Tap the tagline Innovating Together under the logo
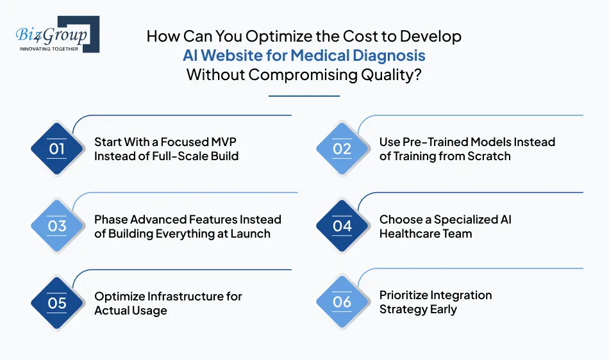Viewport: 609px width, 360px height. pyautogui.click(x=49, y=49)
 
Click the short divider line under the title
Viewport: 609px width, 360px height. pyautogui.click(x=304, y=96)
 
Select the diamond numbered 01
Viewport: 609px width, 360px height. pyautogui.click(x=57, y=149)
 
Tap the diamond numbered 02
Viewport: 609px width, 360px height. pyautogui.click(x=342, y=149)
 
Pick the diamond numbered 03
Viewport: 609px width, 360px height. pyautogui.click(x=57, y=226)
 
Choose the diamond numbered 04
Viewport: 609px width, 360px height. pyautogui.click(x=342, y=226)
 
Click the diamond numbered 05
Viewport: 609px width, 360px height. pyautogui.click(x=57, y=303)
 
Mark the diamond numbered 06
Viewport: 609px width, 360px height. pyautogui.click(x=342, y=302)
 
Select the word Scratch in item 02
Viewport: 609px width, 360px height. pyautogui.click(x=488, y=156)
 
